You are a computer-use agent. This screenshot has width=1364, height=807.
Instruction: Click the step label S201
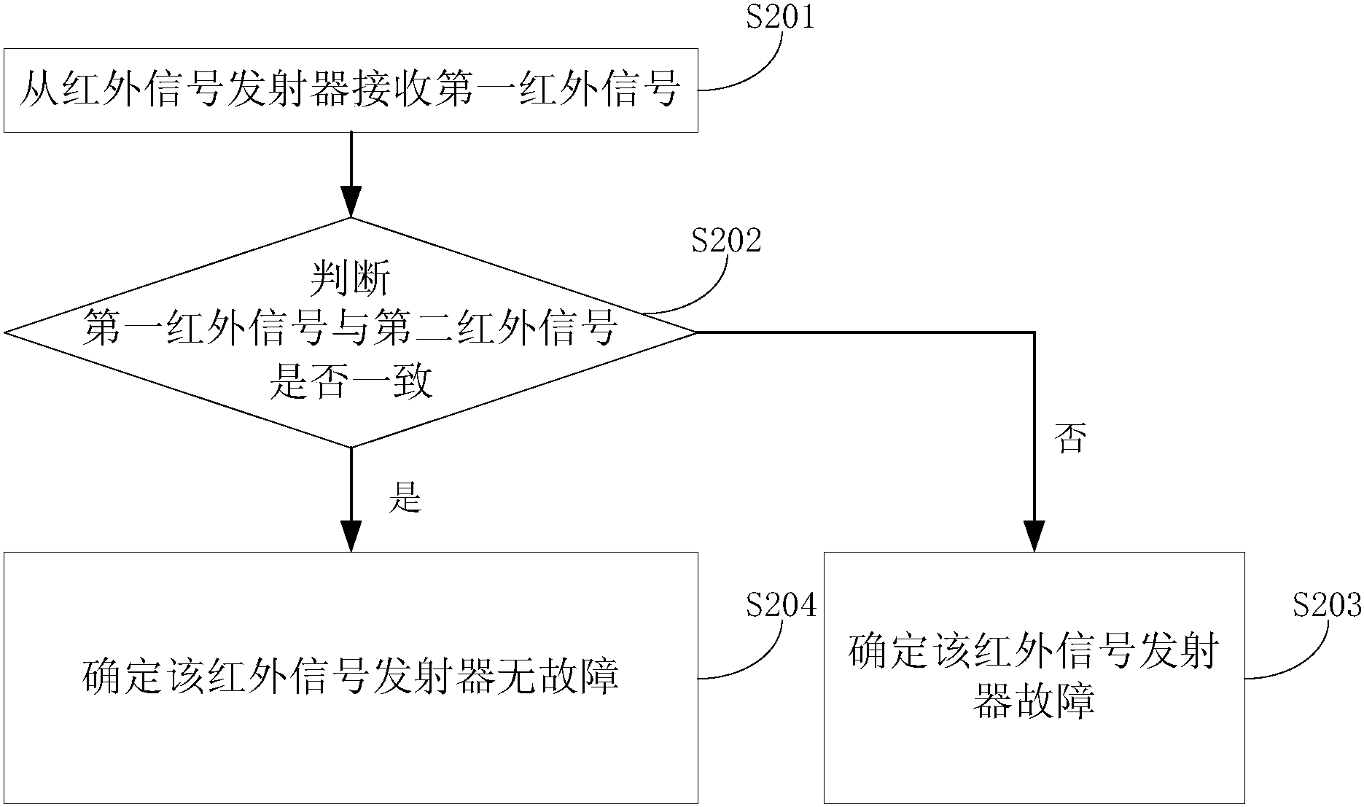tap(779, 18)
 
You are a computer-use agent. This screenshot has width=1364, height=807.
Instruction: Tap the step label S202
tap(726, 241)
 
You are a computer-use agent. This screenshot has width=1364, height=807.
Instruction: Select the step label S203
tap(1327, 605)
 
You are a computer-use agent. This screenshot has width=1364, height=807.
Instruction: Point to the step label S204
tap(781, 605)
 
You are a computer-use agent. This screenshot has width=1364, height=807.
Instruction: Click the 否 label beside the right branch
tap(1070, 439)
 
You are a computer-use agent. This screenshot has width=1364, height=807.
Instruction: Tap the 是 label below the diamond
tap(405, 498)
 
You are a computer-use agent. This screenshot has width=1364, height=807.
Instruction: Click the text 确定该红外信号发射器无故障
tap(351, 678)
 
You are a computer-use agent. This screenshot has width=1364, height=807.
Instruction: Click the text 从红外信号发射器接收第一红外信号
tap(351, 91)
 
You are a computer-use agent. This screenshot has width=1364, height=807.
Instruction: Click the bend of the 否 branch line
tap(1034, 333)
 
